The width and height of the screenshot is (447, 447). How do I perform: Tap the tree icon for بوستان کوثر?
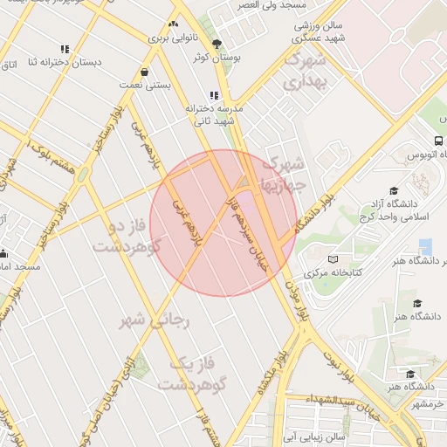217,43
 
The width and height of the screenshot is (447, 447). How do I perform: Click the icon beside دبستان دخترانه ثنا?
65,49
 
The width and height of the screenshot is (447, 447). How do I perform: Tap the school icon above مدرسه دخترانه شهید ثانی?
213,95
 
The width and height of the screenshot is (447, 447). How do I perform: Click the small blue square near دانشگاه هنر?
425,247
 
